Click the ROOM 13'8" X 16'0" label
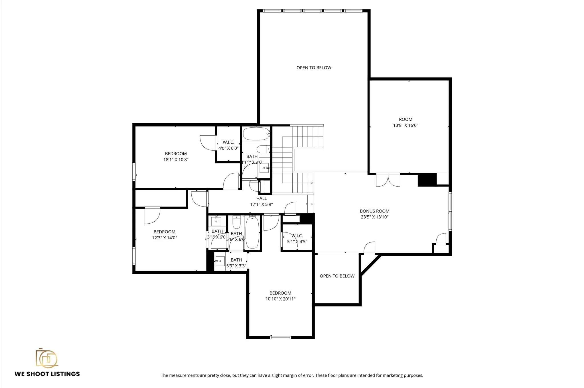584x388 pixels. [405, 122]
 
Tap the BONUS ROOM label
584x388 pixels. [374, 211]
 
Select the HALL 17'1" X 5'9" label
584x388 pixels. [261, 201]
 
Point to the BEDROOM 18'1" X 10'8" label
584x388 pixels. [176, 157]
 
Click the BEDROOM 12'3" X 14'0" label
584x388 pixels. [165, 235]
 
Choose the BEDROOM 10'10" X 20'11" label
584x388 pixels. [280, 296]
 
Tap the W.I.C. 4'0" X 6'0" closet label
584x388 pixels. [228, 145]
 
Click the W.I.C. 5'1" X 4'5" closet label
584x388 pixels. [297, 239]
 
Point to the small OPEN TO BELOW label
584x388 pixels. [337, 276]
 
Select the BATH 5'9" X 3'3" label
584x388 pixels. [236, 263]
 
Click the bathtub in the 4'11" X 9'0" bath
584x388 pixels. [256, 134]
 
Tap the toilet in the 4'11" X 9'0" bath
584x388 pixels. [263, 149]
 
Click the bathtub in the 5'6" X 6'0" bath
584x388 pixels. [252, 232]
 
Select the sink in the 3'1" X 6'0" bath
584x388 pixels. [216, 221]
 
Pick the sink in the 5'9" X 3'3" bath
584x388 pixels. [220, 261]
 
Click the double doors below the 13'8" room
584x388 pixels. [388, 180]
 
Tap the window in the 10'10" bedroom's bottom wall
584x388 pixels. [281, 338]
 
